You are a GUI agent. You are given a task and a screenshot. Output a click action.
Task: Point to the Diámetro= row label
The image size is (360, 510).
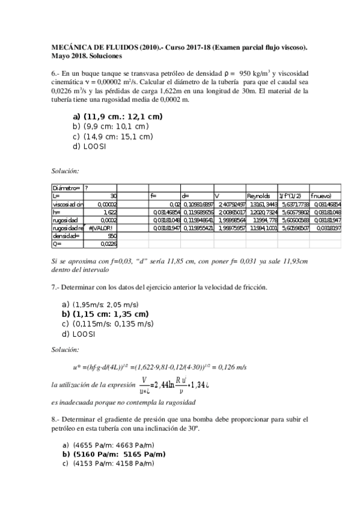pyautogui.click(x=66, y=188)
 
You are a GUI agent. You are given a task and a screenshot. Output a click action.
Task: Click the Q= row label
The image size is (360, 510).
pyautogui.click(x=58, y=244)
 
